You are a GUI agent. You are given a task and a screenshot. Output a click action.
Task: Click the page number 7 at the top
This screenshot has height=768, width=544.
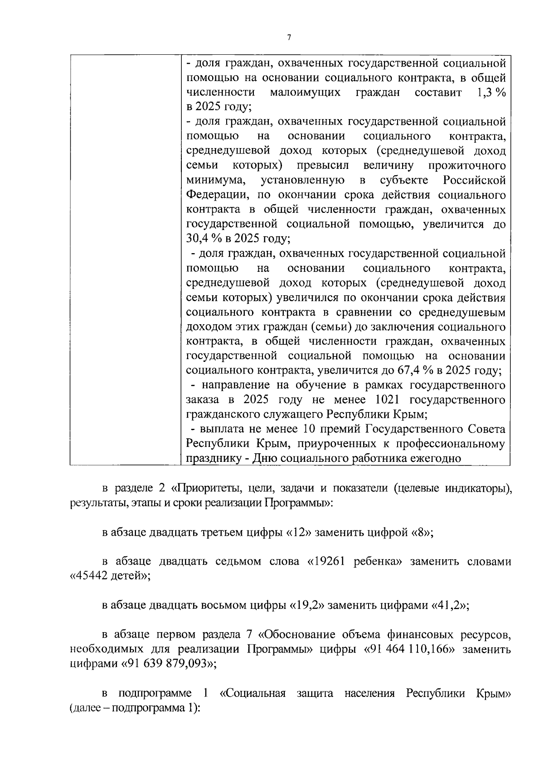pyautogui.click(x=289, y=38)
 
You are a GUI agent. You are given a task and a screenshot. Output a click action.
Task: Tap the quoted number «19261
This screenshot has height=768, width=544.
pyautogui.click(x=327, y=562)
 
